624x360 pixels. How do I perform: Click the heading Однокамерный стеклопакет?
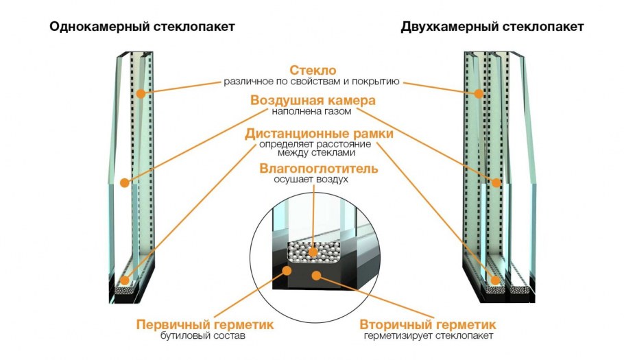point(142,27)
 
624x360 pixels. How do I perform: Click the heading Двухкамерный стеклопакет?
point(492,27)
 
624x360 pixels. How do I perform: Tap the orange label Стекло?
point(312,71)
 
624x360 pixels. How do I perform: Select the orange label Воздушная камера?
point(312,101)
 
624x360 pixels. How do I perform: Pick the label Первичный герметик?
point(205,324)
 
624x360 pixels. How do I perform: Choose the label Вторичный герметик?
point(428,324)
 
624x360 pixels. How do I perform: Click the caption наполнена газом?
point(312,112)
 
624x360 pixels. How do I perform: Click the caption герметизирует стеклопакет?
point(428,336)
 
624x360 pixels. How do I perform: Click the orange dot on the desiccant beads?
point(313,252)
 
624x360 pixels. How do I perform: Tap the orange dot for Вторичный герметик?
point(317,276)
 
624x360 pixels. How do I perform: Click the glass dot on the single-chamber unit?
point(141,93)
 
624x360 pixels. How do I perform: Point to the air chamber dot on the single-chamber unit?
point(124,182)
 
